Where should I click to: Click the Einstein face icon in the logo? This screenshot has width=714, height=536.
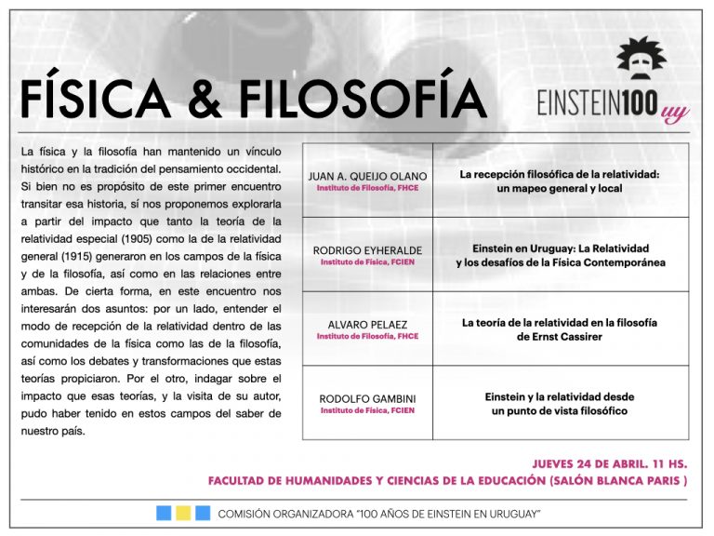tap(641, 64)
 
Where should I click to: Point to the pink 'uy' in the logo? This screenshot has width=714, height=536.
tap(675, 114)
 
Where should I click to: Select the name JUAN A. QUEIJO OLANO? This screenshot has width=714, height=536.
tap(367, 176)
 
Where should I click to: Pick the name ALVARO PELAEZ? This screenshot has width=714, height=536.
tap(367, 324)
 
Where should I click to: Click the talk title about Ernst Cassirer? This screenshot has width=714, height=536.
tap(560, 329)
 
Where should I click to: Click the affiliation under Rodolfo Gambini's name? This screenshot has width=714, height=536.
tap(367, 410)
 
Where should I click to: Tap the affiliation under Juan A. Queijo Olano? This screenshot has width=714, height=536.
tap(367, 188)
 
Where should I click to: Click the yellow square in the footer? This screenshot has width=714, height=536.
tap(183, 513)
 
